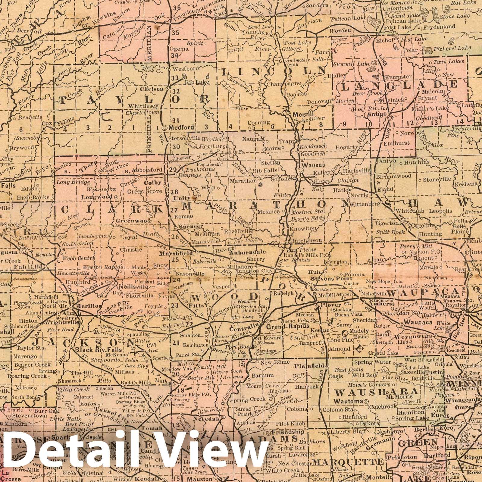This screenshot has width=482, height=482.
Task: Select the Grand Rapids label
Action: pos(288,326)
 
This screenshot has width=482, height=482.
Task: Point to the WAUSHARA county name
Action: pos(377,392)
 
